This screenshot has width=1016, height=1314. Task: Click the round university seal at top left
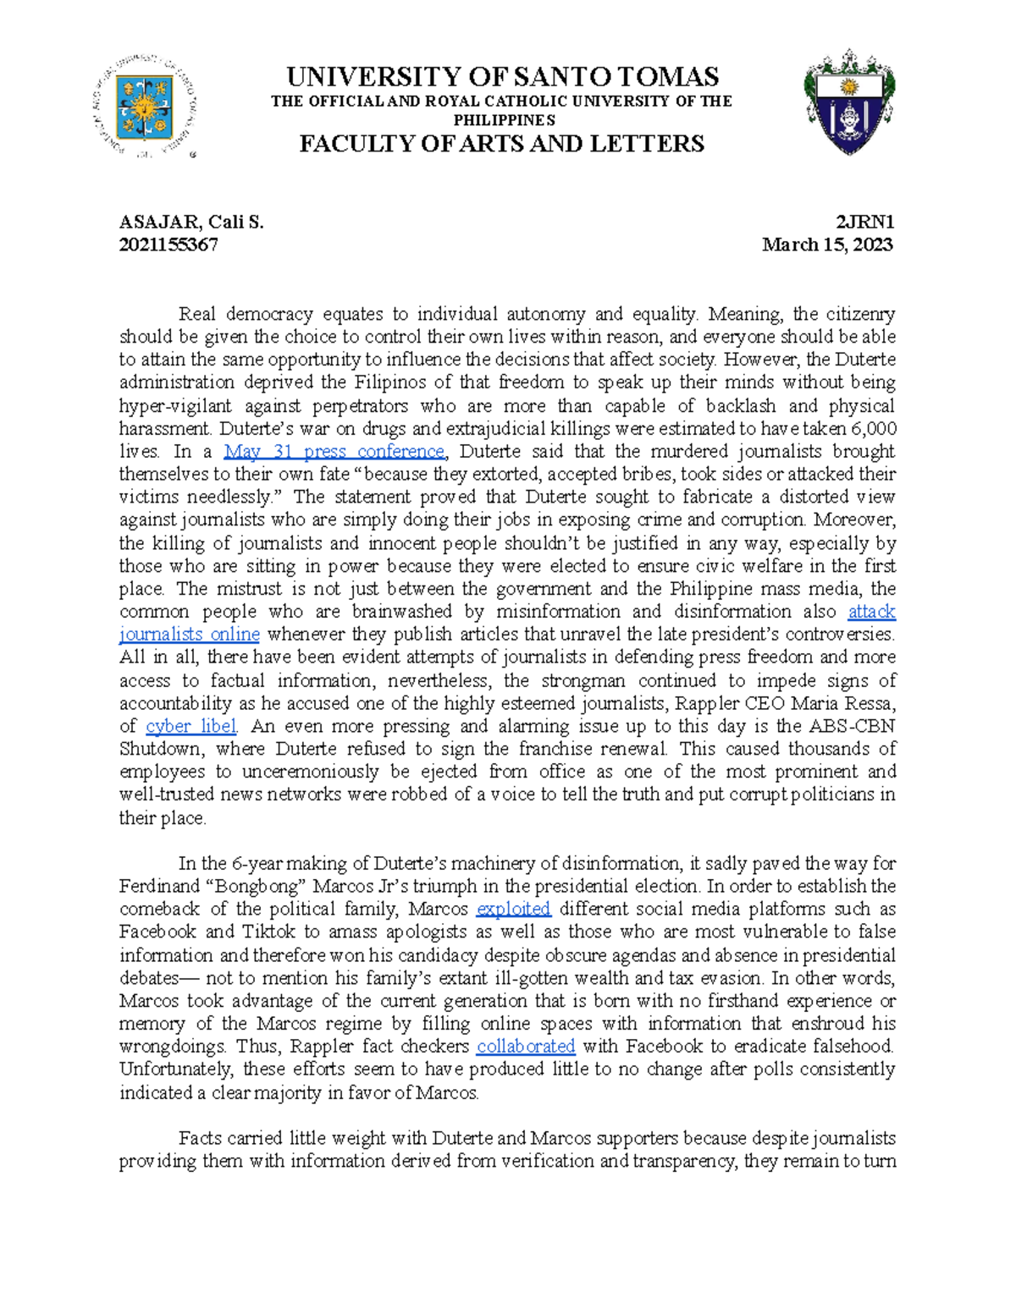[x=144, y=107]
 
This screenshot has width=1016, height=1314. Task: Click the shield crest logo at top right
[x=849, y=102]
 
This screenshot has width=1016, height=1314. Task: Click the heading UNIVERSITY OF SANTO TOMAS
[x=502, y=77]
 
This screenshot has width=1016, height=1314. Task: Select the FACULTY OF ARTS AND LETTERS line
[x=502, y=144]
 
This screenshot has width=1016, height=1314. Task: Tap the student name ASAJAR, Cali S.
[x=191, y=223]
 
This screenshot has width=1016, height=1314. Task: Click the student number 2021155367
[x=168, y=245]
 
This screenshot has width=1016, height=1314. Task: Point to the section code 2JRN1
[x=864, y=223]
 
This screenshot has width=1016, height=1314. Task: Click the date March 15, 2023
[x=827, y=245]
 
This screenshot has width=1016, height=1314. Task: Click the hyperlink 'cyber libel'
[x=191, y=726]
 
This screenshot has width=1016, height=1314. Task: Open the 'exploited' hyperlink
[x=513, y=909]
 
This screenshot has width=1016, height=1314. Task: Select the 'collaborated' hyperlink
[x=525, y=1047]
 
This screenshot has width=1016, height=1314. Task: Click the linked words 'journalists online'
[x=189, y=635]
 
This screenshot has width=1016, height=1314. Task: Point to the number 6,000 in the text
[x=874, y=429]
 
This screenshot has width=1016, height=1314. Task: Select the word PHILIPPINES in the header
[x=503, y=121]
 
